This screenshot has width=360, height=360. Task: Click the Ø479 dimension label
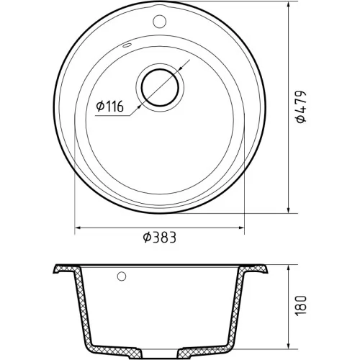point(302,107)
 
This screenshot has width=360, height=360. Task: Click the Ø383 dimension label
point(160,237)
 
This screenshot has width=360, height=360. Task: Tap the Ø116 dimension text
point(109,107)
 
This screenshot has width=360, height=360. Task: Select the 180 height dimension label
point(302,306)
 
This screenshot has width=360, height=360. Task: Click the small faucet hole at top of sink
point(159,21)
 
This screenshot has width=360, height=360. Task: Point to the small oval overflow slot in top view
point(127,45)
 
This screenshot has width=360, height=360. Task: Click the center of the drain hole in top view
point(160,87)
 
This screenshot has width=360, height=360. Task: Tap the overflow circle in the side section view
point(122,276)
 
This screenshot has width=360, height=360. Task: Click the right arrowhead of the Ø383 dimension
point(240,228)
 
